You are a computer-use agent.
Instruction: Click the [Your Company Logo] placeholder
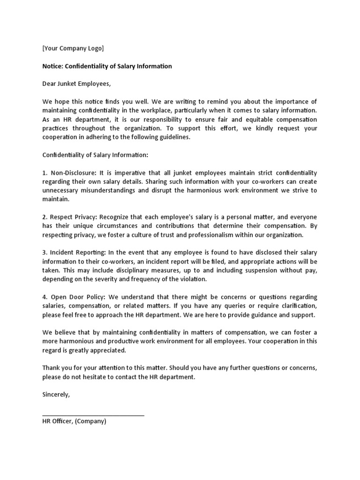73,48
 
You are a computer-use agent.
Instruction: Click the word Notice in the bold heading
53,66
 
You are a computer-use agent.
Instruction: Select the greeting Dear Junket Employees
77,84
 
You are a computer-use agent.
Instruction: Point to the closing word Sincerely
56,395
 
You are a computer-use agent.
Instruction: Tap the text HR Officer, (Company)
75,421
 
